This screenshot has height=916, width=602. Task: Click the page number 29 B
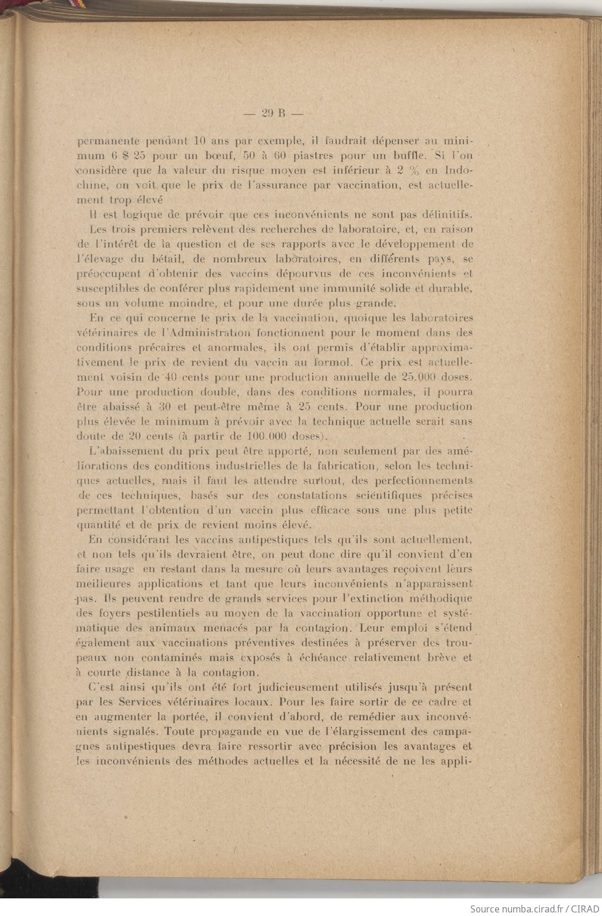tap(272, 114)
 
